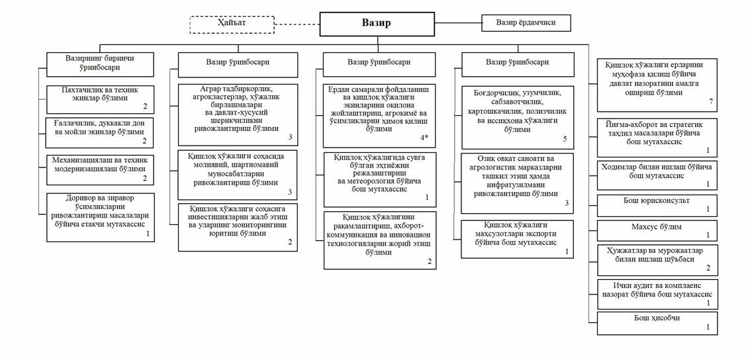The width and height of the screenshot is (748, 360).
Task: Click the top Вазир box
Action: [x=377, y=24]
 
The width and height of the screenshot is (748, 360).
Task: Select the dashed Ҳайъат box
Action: [x=232, y=24]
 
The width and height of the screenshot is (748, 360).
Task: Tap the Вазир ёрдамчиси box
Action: [x=526, y=23]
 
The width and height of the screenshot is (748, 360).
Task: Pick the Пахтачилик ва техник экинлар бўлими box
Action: [x=101, y=99]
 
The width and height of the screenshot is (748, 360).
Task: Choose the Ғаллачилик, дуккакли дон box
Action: [x=101, y=132]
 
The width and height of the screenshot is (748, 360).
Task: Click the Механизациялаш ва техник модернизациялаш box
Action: [x=101, y=169]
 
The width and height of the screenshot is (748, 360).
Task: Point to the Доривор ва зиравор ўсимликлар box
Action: [x=101, y=216]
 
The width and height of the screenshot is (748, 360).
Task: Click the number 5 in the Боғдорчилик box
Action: [x=565, y=139]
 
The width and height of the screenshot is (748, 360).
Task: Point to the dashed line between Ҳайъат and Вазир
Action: [x=297, y=24]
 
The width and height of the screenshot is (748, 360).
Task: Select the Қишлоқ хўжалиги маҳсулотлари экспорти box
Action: [x=517, y=238]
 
